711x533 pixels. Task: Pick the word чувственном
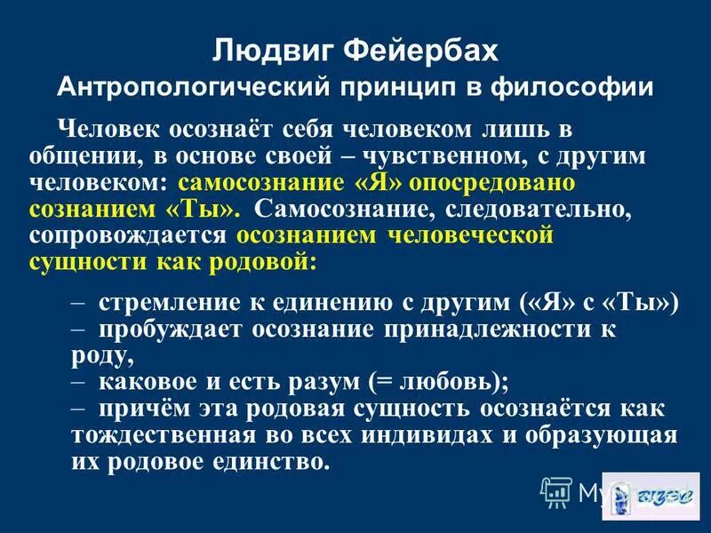474,156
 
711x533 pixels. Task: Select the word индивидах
403,436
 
